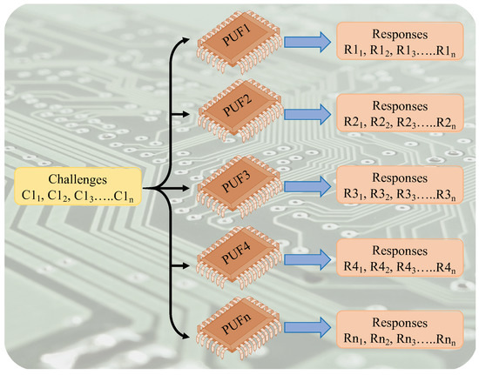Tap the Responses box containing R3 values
[397, 185]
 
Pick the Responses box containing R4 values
[397, 258]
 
